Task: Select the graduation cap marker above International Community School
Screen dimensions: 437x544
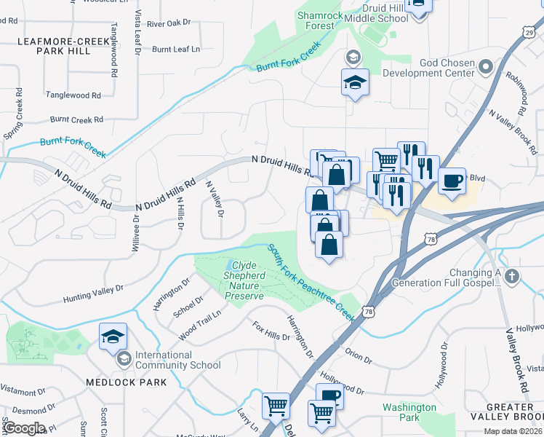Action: (x=113, y=336)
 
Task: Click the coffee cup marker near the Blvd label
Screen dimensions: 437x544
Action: (x=452, y=180)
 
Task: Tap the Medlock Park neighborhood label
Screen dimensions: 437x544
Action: (x=125, y=382)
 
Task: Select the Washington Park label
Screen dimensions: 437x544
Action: (x=409, y=412)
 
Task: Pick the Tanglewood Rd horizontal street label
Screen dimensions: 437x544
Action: (x=73, y=95)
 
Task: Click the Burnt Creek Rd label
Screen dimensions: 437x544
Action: (x=76, y=119)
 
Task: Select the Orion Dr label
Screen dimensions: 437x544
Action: (x=358, y=358)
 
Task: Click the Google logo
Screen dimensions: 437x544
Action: (x=24, y=428)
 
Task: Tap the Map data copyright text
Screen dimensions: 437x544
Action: (x=513, y=431)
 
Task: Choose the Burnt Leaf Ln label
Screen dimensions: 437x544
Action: (x=175, y=50)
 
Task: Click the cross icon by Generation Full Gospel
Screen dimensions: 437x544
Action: (x=512, y=277)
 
